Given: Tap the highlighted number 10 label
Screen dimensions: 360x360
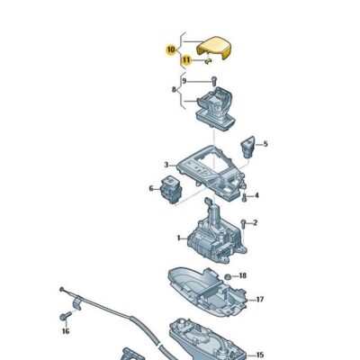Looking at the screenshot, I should point(171,51).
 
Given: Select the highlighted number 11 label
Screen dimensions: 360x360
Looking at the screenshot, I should point(186,60).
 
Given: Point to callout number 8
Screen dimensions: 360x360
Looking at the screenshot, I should point(175,90).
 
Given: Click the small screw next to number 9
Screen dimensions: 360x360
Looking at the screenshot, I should point(214,83).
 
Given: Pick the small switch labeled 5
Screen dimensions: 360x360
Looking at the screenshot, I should point(249,141).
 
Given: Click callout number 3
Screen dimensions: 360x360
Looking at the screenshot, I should point(167,164).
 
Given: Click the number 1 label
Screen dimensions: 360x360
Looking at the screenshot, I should point(178,238).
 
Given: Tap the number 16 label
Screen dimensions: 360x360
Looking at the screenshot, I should point(64,332).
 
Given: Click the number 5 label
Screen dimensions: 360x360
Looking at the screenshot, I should point(265,144).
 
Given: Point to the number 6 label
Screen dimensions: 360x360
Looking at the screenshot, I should point(151,188).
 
